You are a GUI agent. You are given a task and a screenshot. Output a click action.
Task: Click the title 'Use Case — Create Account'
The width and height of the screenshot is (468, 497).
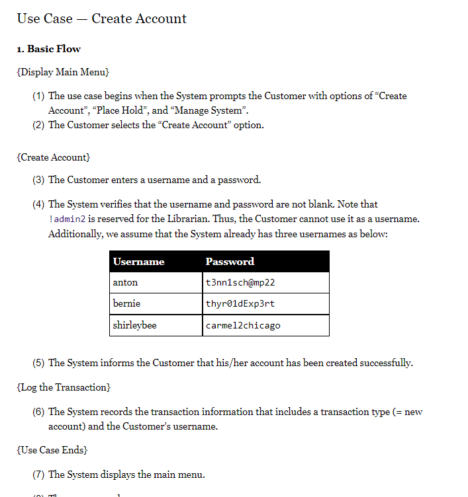click(101, 19)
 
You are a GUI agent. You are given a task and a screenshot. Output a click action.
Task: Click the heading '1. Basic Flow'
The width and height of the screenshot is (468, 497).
click(48, 49)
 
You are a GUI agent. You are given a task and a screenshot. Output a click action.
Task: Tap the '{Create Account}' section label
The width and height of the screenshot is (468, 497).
click(53, 157)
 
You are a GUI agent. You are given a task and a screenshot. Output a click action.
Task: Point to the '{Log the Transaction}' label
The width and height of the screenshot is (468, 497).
click(64, 387)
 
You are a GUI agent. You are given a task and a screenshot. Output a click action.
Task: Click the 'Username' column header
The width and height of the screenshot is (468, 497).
click(139, 262)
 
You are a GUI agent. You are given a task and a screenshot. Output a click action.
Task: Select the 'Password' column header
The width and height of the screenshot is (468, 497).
click(230, 262)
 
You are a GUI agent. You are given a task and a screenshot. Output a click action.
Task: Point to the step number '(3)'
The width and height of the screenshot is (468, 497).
click(39, 180)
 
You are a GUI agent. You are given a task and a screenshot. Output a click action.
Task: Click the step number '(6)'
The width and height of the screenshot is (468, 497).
click(39, 412)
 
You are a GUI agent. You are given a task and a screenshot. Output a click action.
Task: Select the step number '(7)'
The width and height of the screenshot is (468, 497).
click(39, 475)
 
